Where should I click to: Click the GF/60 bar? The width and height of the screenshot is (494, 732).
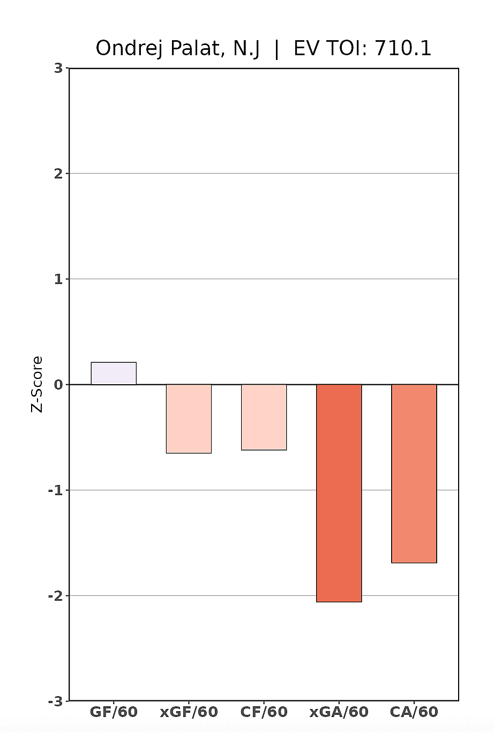click(x=114, y=374)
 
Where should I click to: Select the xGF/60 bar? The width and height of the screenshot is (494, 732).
click(x=189, y=419)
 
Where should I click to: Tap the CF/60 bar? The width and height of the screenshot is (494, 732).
click(x=264, y=417)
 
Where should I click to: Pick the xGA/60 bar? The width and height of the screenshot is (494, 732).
click(x=339, y=493)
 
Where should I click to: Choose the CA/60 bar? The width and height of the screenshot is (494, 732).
click(x=414, y=473)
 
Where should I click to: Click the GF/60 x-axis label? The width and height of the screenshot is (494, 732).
click(x=114, y=712)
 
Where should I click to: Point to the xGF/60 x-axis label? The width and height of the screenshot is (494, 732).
click(x=189, y=712)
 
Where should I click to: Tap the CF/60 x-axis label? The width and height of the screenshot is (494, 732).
click(x=264, y=712)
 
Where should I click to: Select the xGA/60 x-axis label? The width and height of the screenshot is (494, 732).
click(x=339, y=712)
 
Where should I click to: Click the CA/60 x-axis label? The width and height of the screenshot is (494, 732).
click(x=414, y=712)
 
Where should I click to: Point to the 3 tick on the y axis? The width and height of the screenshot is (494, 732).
click(x=58, y=68)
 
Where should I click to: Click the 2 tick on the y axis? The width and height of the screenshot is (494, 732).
click(x=58, y=174)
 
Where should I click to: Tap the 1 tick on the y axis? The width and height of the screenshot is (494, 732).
click(x=58, y=279)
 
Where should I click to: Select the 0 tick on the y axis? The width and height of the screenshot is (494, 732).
click(x=58, y=385)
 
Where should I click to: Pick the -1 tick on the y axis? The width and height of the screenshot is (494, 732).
click(x=56, y=490)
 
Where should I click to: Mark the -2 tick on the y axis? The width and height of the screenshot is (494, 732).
click(x=56, y=596)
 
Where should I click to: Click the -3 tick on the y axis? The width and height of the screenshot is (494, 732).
click(x=56, y=701)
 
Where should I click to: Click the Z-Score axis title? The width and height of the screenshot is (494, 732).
click(x=36, y=384)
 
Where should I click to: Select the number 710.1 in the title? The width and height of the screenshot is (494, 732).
click(x=402, y=49)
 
